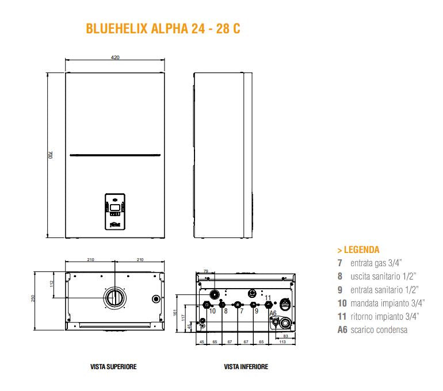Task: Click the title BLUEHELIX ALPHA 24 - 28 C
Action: pos(162,29)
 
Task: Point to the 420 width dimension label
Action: pos(114,57)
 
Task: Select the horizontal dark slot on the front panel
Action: pos(114,155)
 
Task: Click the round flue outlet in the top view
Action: pos(114,298)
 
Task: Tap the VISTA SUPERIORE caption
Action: pos(113,366)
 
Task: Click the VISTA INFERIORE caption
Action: pos(246,366)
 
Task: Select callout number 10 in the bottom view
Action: pos(212,311)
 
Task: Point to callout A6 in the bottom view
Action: pos(273,313)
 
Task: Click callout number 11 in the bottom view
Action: pos(268,298)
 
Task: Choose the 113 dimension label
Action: pos(281,342)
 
